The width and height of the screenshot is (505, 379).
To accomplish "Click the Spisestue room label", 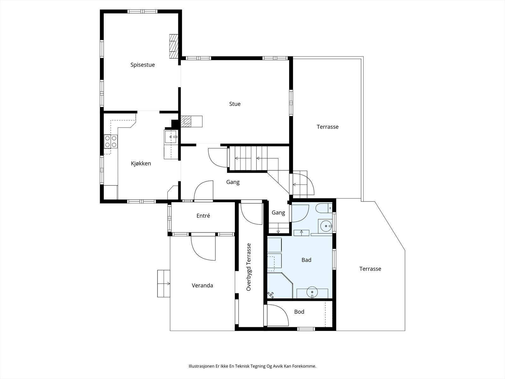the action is (142, 65).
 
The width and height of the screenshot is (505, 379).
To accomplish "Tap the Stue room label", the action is (235, 104).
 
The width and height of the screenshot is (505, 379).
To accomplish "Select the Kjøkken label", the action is (141, 164).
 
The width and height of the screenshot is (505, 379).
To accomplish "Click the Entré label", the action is (203, 216).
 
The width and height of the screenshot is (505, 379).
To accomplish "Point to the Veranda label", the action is (202, 286).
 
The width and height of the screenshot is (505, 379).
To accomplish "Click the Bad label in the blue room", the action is (306, 260).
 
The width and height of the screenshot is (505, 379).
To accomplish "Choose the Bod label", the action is (299, 312).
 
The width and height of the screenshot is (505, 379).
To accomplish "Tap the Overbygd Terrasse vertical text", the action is (248, 267).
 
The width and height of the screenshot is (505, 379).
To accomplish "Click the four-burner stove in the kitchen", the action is (111, 141).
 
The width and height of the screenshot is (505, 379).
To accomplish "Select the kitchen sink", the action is (171, 137).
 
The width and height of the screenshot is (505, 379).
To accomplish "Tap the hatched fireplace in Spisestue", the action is (174, 46).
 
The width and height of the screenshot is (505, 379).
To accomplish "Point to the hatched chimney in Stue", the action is (186, 121).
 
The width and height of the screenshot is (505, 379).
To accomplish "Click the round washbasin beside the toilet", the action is (325, 226).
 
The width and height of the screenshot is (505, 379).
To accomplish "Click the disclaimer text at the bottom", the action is (252, 366).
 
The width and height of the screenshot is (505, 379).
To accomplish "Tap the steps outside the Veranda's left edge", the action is (163, 284).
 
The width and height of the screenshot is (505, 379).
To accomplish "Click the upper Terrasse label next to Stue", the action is (327, 127).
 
